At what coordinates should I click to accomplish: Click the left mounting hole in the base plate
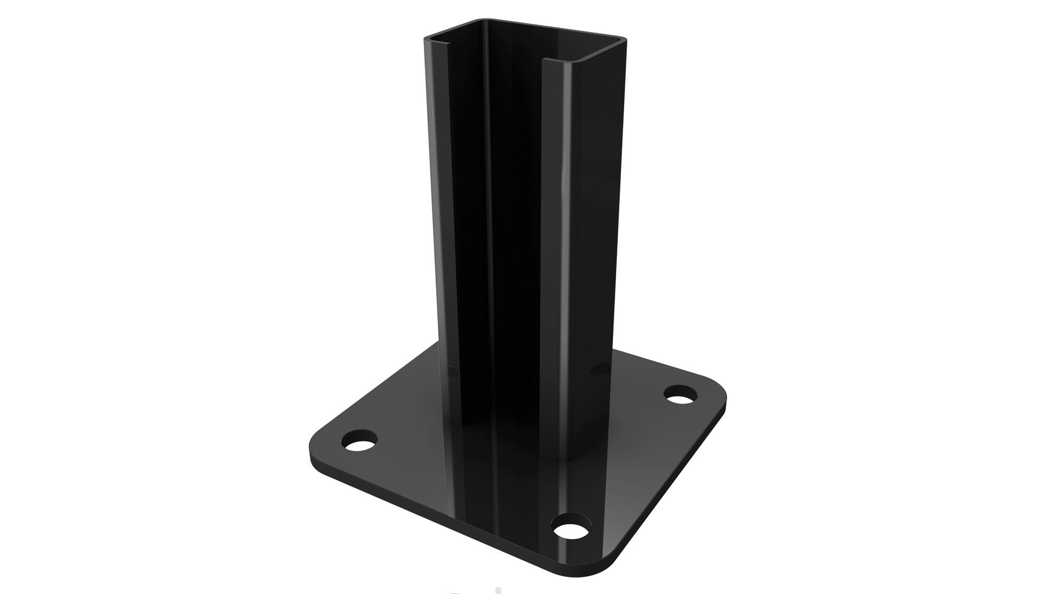click(361, 441)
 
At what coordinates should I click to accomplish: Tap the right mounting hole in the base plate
click(680, 394)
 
